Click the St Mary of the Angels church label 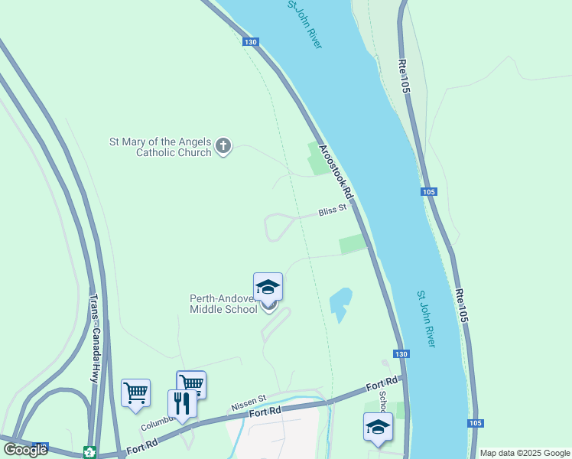tap(160, 146)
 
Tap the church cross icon tap(223, 145)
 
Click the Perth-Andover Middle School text tap(223, 304)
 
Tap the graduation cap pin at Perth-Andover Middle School tap(268, 288)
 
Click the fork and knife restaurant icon tap(182, 403)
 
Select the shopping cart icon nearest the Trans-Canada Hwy tap(135, 392)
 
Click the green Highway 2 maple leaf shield tap(89, 451)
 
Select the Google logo tap(25, 450)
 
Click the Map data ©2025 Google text tap(525, 453)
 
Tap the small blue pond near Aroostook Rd tap(340, 303)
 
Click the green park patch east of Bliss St tap(353, 244)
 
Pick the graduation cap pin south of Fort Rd tap(378, 427)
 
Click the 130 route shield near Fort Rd tap(401, 354)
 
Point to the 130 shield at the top tap(251, 42)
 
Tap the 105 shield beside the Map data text tap(475, 423)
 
